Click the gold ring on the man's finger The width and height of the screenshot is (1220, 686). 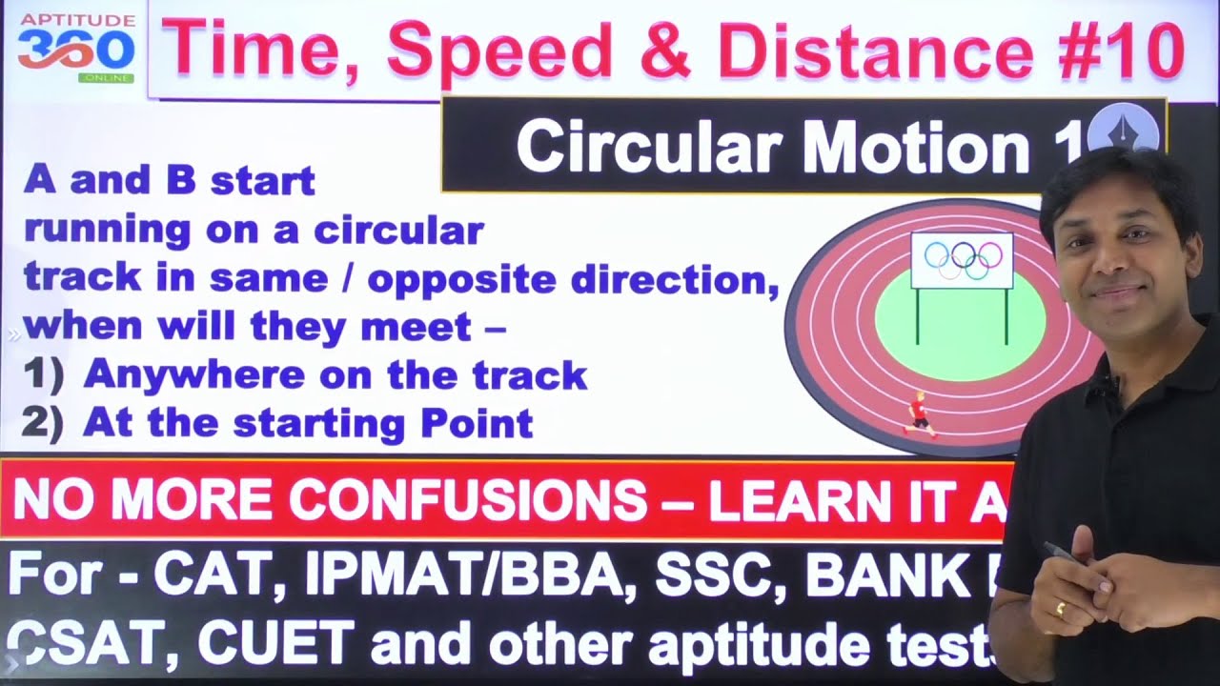coord(1061,608)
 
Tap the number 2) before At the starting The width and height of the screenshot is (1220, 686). coord(42,422)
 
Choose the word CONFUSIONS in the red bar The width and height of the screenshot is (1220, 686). coord(467,499)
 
